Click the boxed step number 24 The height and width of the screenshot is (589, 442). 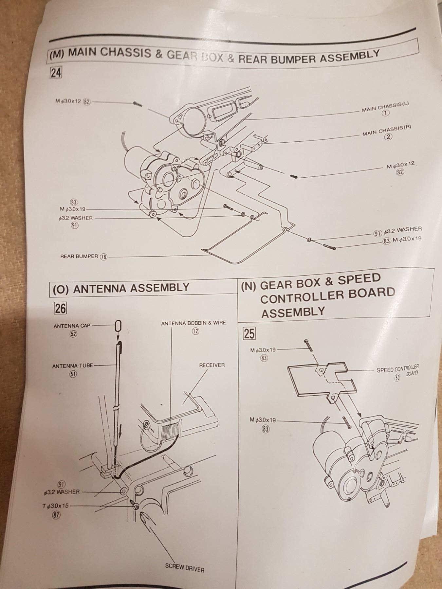[x=56, y=73]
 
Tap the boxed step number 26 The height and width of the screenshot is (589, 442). [x=60, y=308]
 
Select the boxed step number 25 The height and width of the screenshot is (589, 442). [x=249, y=333]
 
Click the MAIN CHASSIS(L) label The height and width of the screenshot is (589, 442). [x=385, y=107]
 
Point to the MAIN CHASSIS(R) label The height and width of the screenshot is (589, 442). [x=386, y=130]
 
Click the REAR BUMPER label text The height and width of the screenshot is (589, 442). [x=79, y=256]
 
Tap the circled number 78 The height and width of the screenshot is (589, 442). [x=103, y=257]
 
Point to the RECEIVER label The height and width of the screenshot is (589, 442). [x=212, y=365]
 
